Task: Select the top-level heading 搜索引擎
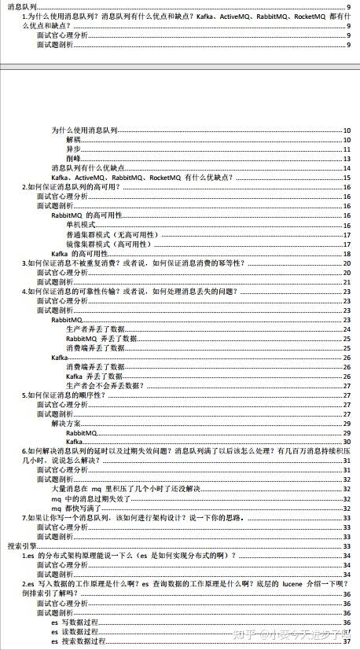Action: [21, 546]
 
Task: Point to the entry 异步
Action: [74, 149]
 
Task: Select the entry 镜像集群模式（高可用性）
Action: [109, 244]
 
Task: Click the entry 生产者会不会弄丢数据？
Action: [105, 385]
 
